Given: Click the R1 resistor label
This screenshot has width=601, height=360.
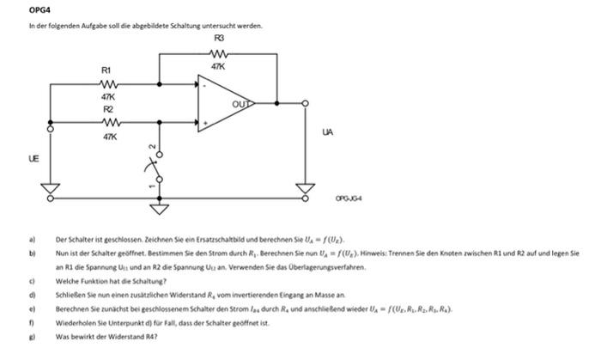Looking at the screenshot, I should click(106, 70).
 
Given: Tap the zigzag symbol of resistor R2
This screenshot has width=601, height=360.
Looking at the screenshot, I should click(108, 122).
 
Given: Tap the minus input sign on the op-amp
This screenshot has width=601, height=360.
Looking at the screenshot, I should click(204, 85).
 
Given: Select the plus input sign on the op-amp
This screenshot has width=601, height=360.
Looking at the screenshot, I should click(204, 122).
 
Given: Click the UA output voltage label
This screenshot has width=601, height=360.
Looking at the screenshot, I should click(327, 131).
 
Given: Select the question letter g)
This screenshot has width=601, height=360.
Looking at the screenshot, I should click(31, 338).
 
